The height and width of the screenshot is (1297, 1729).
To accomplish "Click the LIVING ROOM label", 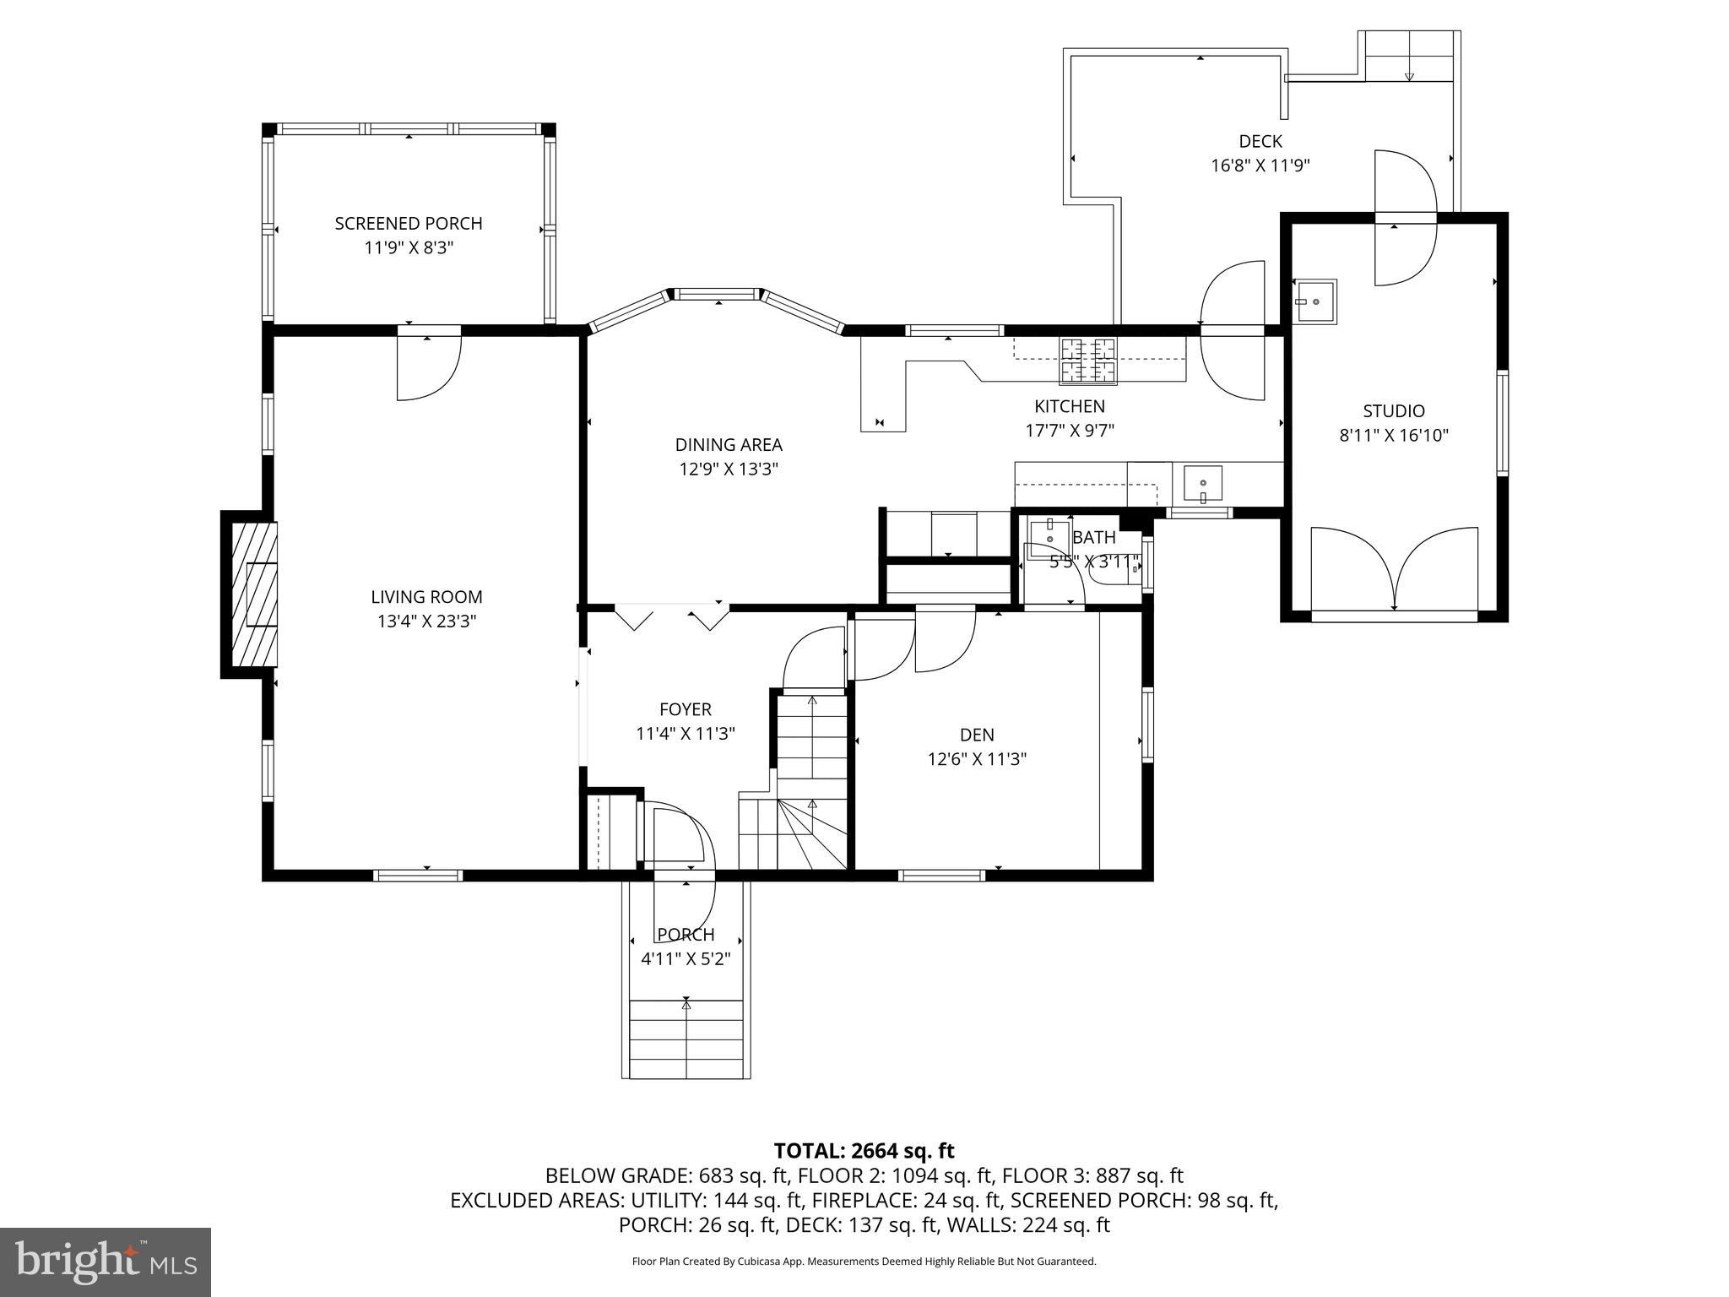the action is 426,597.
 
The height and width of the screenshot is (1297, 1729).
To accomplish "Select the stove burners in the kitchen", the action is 1088,360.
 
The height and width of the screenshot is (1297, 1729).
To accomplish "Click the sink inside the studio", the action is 1315,301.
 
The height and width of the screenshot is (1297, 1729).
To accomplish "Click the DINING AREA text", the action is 729,445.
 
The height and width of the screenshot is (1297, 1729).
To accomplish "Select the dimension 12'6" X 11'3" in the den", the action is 977,759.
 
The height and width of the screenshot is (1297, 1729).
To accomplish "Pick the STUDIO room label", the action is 1394,411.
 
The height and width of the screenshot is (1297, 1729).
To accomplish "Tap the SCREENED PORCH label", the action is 409,224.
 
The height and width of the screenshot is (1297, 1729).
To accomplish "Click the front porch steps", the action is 686,1039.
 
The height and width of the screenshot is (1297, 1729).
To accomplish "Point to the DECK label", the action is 1260,141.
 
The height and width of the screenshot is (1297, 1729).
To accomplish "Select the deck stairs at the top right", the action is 1409,57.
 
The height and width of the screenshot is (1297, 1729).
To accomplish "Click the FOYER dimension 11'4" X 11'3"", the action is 686,734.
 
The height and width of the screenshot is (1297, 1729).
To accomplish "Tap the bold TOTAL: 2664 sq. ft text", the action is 864,1151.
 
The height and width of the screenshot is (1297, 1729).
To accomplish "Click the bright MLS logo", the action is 106,1262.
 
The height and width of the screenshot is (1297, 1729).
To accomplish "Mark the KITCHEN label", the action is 1070,406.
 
